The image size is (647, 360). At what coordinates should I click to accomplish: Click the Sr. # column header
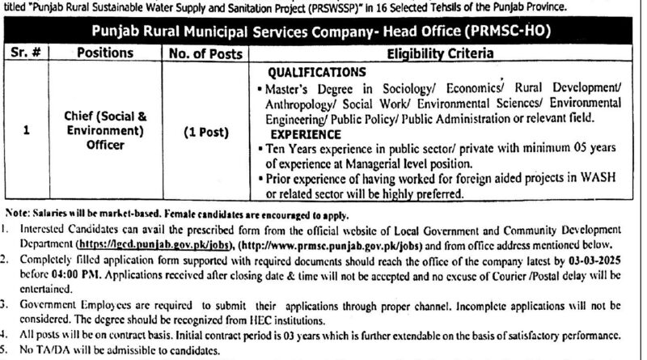coord(27,53)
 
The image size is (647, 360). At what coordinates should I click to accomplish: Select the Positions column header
coord(105,53)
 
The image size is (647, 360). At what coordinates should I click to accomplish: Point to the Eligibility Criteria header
coord(444,53)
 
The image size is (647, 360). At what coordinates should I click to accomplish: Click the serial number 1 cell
coord(27,131)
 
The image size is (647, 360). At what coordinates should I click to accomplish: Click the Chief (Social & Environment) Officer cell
coord(105,131)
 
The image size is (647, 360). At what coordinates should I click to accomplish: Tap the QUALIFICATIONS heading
coord(316,71)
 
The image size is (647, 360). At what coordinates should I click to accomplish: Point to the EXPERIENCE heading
coord(305,134)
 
